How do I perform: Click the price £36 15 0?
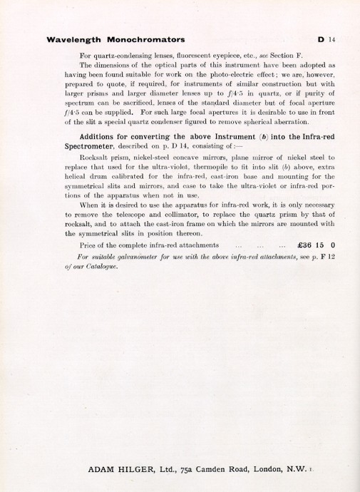[316, 245]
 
